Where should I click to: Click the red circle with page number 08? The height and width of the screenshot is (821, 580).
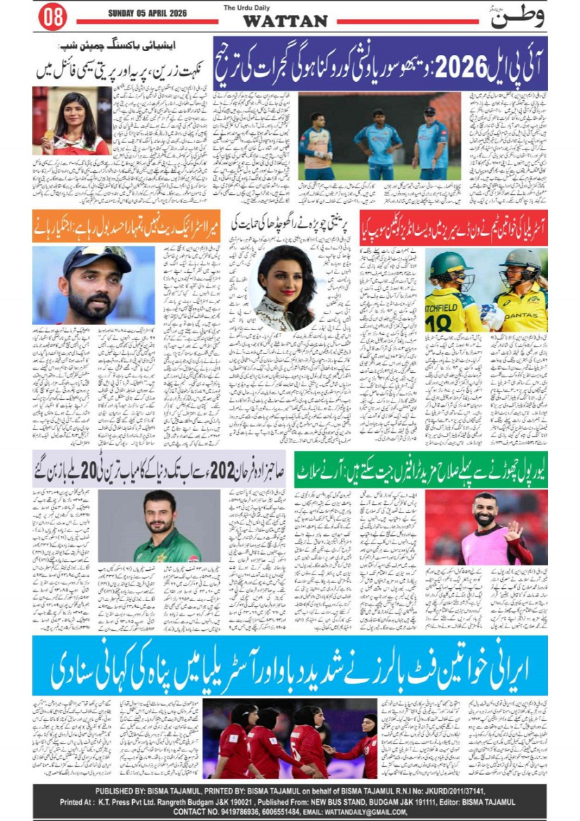tap(52, 17)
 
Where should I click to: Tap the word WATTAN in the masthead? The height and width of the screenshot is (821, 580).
tap(285, 21)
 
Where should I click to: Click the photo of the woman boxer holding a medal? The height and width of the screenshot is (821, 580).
tap(71, 120)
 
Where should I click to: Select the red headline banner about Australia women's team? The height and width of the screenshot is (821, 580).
tap(454, 228)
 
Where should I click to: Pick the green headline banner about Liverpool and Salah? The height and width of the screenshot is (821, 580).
tap(420, 469)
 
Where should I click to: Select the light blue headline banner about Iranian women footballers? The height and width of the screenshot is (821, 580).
tap(290, 666)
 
